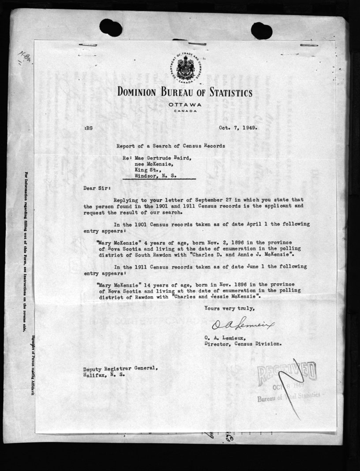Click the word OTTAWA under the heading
(x=184, y=104)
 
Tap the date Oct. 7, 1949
(x=238, y=128)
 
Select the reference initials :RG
(x=88, y=128)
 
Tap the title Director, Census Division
(x=242, y=343)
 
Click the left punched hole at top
(x=110, y=27)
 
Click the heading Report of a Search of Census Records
(x=171, y=145)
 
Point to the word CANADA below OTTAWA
(x=184, y=111)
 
